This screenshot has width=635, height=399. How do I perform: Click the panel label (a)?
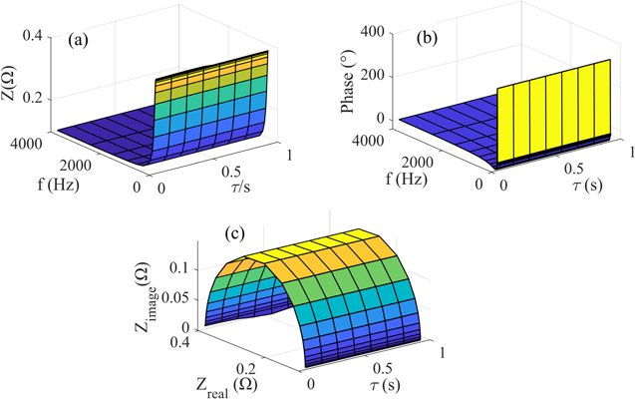click(x=81, y=42)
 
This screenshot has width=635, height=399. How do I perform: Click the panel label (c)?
click(x=236, y=236)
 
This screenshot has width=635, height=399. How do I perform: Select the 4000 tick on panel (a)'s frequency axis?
click(x=23, y=142)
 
